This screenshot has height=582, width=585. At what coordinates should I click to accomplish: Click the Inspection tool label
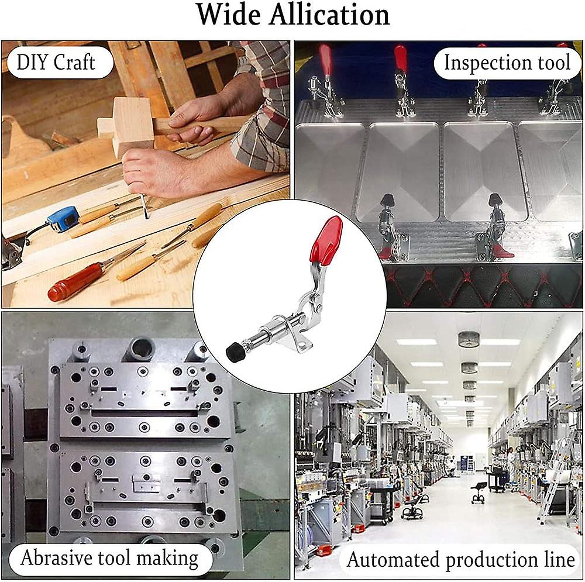507,63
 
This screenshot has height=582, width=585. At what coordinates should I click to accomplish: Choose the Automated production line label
461,560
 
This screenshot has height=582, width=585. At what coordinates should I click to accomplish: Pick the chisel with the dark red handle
76,283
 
